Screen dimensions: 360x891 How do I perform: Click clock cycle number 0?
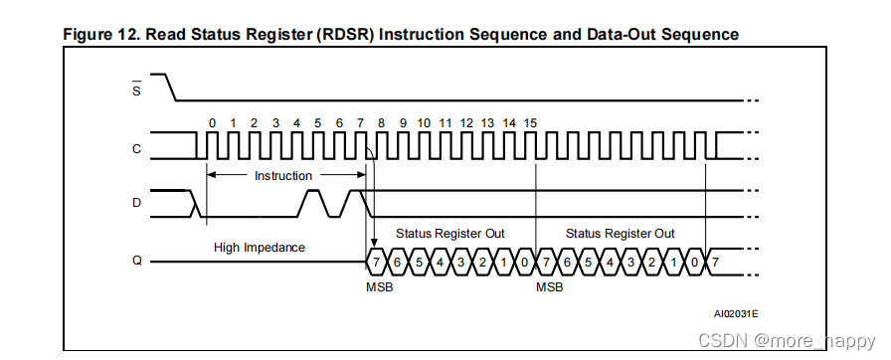[x=211, y=122]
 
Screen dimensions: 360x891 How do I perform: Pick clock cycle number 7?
[x=360, y=122]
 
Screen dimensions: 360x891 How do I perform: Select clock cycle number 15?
[x=531, y=122]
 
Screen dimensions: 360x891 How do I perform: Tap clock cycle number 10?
[x=425, y=122]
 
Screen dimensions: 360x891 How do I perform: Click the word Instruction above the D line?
[x=283, y=175]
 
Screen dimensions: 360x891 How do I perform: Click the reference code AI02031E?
[x=736, y=312]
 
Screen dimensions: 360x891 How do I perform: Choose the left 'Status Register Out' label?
[x=450, y=233]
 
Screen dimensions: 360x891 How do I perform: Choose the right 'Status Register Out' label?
[x=620, y=233]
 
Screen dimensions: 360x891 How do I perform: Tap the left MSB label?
[x=379, y=286]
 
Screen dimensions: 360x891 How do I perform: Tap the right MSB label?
[x=549, y=286]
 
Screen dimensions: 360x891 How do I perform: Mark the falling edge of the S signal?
[x=171, y=87]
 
